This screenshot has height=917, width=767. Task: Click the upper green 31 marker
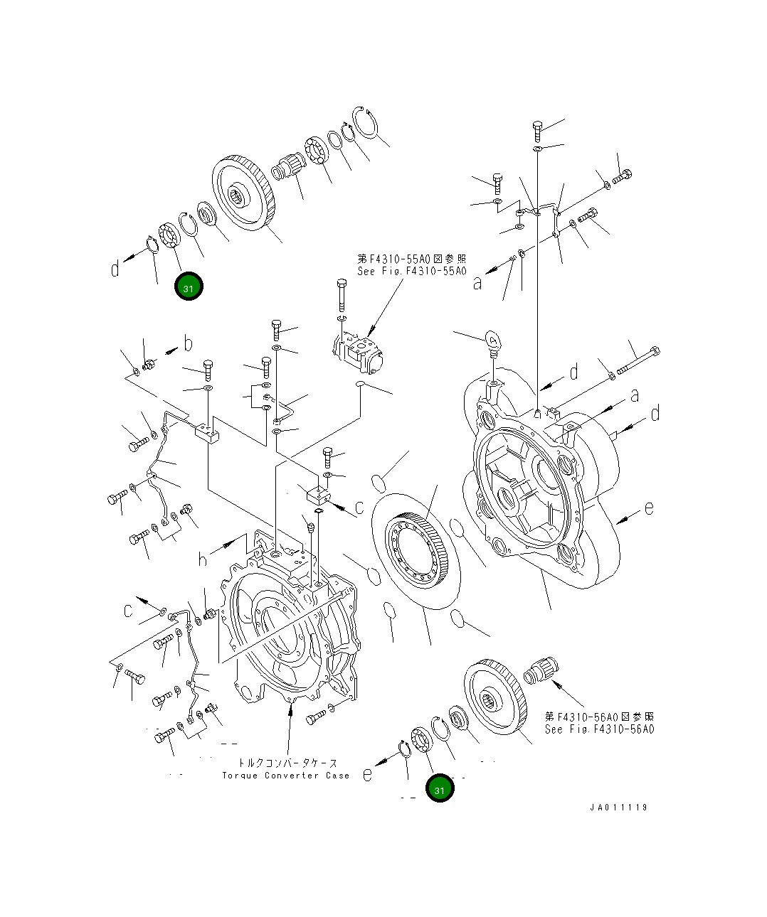(189, 287)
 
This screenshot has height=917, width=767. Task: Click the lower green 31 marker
(440, 788)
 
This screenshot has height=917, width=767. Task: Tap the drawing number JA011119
(618, 808)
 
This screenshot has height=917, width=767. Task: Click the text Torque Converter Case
(286, 776)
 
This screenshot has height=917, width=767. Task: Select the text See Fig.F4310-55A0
(412, 272)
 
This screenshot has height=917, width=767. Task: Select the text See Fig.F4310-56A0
(599, 729)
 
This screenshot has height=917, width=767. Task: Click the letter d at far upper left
(115, 269)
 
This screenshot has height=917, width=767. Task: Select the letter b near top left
(188, 345)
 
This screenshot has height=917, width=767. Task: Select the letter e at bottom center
(367, 774)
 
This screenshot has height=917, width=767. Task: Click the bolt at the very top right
(539, 132)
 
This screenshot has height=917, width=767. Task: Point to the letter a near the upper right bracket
(477, 283)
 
